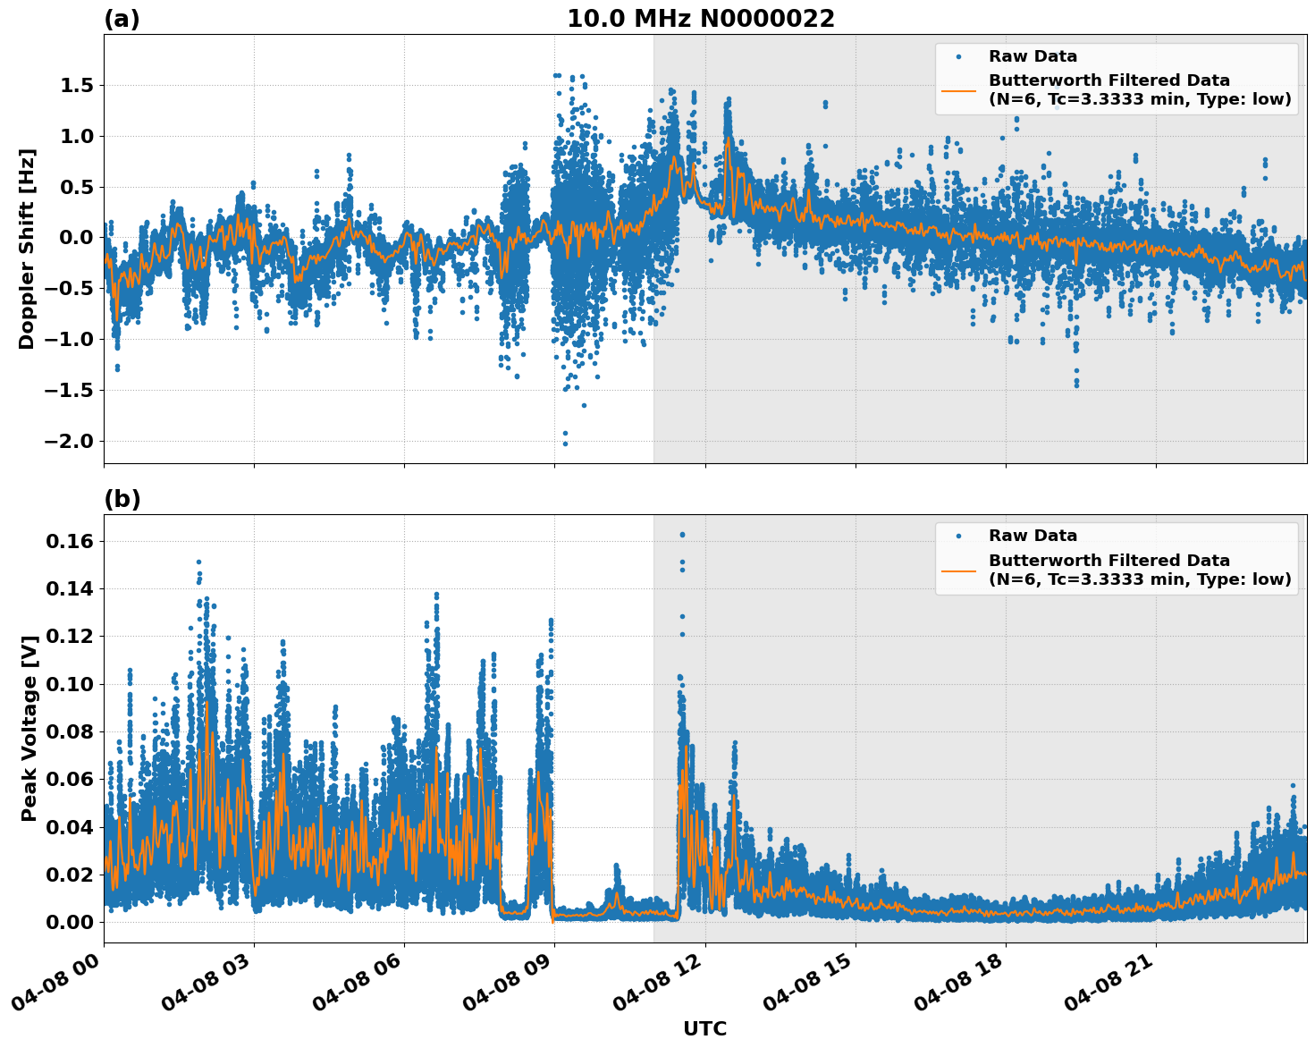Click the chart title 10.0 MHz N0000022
[700, 19]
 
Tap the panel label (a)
[122, 19]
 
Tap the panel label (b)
[122, 499]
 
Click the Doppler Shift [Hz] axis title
[27, 249]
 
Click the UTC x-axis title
[704, 1028]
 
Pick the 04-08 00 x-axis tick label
[55, 987]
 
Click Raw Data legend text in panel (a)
[1033, 56]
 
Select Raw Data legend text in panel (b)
[1033, 536]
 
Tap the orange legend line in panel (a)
[958, 89]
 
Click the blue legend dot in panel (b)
[958, 537]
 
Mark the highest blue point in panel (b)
[682, 535]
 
